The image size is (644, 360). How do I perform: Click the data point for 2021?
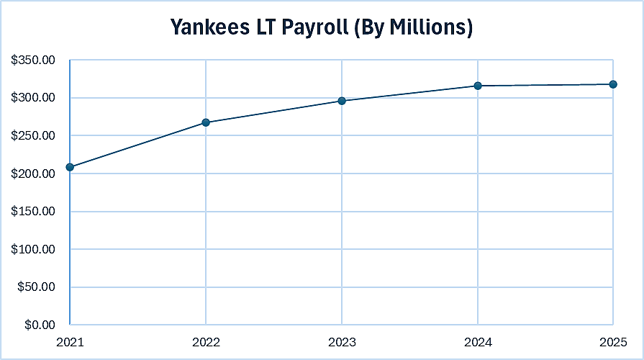[x=70, y=167]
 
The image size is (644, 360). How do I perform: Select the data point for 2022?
[x=206, y=122]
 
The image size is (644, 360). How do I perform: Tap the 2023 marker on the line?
[x=342, y=101]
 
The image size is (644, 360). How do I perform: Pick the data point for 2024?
[x=477, y=86]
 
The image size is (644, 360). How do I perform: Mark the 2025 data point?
[x=613, y=84]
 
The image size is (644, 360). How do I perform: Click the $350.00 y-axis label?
[x=33, y=60]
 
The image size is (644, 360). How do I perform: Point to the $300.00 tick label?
[x=33, y=98]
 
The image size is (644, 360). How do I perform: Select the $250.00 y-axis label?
[x=33, y=135]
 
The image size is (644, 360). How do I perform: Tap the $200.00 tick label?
[x=33, y=174]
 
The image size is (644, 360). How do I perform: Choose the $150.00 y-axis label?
[x=33, y=212]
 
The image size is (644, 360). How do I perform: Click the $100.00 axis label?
[x=33, y=249]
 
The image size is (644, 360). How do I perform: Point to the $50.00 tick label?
[x=36, y=287]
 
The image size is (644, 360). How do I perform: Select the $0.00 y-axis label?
[x=39, y=325]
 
